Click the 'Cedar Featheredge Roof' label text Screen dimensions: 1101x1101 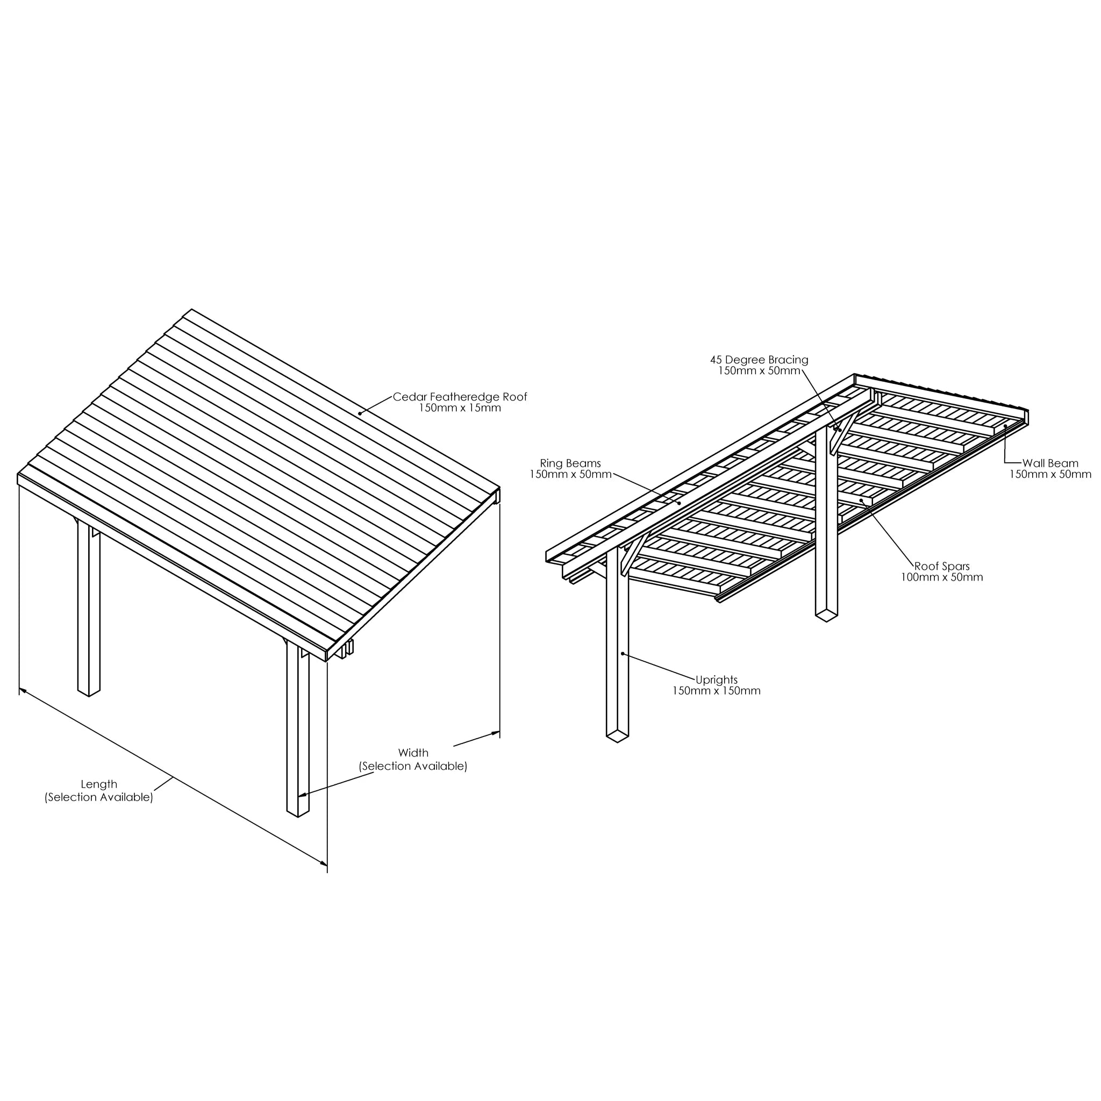click(x=460, y=397)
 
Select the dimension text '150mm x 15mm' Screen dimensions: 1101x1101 click(x=460, y=408)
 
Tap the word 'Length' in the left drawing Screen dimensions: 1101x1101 click(x=98, y=784)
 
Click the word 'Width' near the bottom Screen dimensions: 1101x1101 click(x=413, y=753)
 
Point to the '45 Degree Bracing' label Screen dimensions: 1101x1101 click(x=759, y=360)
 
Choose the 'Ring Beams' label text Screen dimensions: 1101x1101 click(x=570, y=463)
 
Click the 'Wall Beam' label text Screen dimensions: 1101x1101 click(x=1050, y=463)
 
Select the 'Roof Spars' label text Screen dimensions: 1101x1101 click(x=942, y=567)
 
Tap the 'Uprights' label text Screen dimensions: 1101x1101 click(x=716, y=680)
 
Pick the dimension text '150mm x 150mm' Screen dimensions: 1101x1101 click(x=716, y=691)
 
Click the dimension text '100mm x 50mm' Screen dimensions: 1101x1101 click(x=942, y=577)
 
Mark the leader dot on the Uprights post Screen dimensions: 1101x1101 click(x=624, y=654)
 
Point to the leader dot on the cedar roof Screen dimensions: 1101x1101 click(x=360, y=414)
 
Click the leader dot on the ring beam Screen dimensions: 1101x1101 click(x=680, y=503)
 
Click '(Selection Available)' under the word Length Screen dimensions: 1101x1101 click(x=99, y=797)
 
